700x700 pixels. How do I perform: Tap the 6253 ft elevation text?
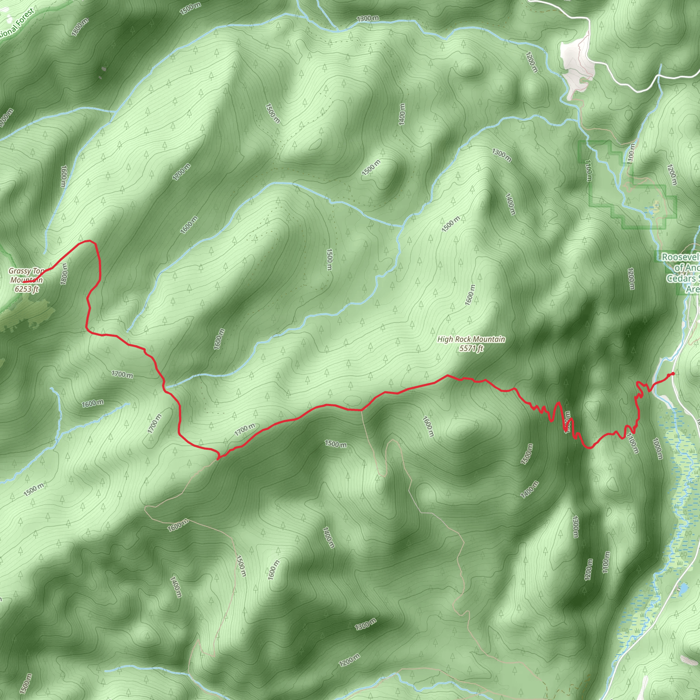click(x=26, y=289)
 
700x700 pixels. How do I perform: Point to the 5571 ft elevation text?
click(x=471, y=349)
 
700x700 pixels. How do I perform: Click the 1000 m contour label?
click(x=657, y=448)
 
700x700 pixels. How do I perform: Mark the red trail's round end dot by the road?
click(x=673, y=374)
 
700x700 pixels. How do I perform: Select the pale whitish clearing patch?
click(x=576, y=65)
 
